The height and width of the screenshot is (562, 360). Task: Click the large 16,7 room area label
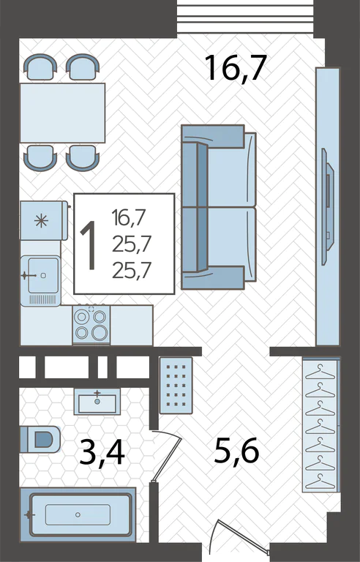point(236,68)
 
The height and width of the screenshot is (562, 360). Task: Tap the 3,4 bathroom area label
point(102,453)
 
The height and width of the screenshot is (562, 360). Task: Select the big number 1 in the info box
point(89,245)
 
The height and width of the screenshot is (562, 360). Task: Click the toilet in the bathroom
point(40,439)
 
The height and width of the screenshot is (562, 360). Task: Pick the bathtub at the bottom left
point(78,514)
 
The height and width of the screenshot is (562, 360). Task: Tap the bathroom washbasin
point(97,402)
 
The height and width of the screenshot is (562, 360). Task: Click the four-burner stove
point(91,325)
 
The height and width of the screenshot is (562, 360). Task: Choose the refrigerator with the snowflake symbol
point(44,220)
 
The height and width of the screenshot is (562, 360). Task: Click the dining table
point(62,113)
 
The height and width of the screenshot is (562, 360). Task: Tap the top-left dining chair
point(40,67)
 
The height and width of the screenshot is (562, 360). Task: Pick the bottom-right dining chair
point(83,158)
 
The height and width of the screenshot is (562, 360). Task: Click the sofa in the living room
point(219,207)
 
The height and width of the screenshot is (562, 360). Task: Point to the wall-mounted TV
point(327,207)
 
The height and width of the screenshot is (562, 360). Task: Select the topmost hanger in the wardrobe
point(320,372)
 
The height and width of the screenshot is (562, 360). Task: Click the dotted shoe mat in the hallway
point(176,386)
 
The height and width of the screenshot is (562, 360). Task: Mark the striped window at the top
point(245,17)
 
